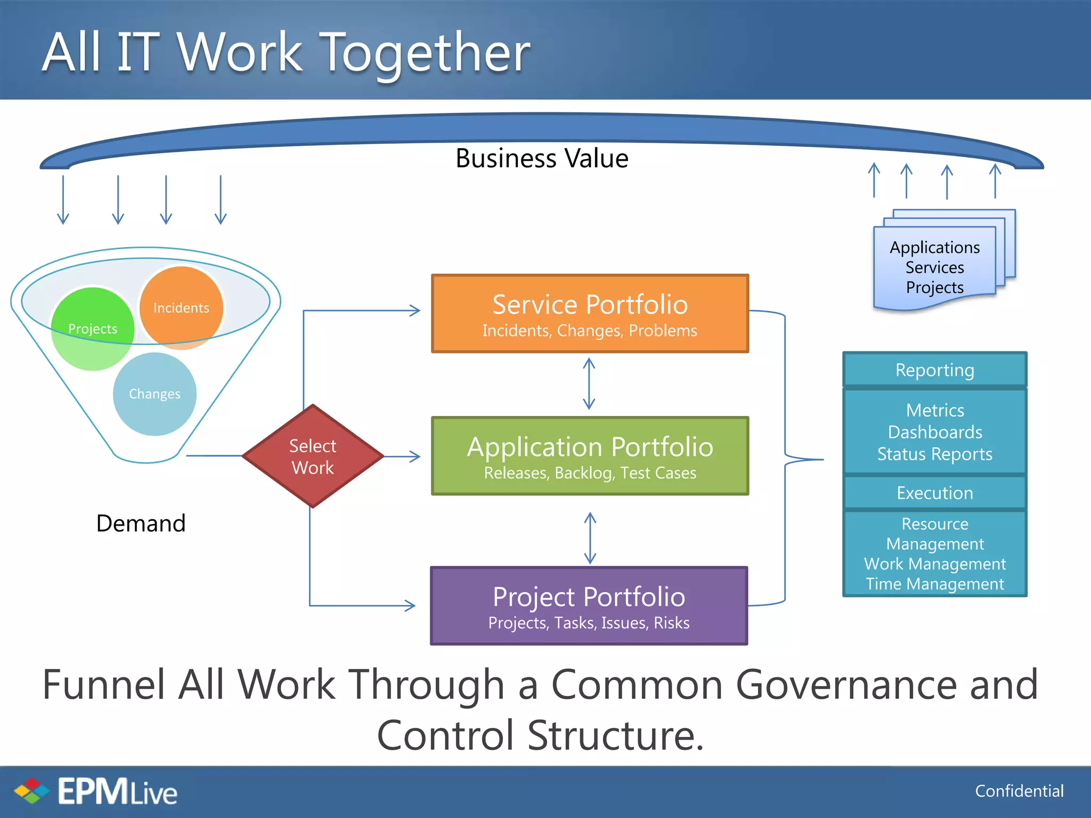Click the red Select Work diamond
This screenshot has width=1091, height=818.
pyautogui.click(x=313, y=456)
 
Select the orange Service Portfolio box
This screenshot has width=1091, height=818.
pyautogui.click(x=590, y=314)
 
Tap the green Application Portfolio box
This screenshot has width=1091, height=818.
pyautogui.click(x=590, y=456)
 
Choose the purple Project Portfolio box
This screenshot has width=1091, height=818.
pyautogui.click(x=589, y=606)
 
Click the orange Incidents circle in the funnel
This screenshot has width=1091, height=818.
pyautogui.click(x=181, y=307)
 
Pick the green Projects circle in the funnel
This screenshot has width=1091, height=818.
pyautogui.click(x=93, y=329)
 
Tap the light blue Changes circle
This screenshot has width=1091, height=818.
pyautogui.click(x=154, y=394)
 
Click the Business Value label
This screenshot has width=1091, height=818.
pyautogui.click(x=542, y=158)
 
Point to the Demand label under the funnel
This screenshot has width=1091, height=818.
pyautogui.click(x=141, y=523)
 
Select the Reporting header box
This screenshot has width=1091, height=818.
pyautogui.click(x=934, y=370)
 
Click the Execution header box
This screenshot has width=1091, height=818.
pyautogui.click(x=934, y=493)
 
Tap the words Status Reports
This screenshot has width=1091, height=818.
pyautogui.click(x=934, y=454)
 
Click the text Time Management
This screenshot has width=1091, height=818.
pyautogui.click(x=934, y=584)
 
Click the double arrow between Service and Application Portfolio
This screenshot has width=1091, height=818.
pyautogui.click(x=589, y=383)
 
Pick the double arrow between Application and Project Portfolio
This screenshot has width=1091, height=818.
pyautogui.click(x=590, y=538)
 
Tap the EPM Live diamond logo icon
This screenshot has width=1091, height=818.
pyautogui.click(x=31, y=791)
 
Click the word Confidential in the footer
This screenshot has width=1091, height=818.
pyautogui.click(x=1019, y=791)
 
